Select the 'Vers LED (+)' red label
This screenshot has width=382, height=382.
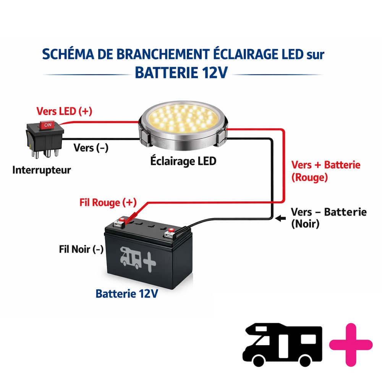pyautogui.click(x=64, y=111)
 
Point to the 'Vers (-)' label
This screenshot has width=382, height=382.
pyautogui.click(x=91, y=147)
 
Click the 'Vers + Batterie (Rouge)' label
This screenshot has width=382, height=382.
pyautogui.click(x=326, y=171)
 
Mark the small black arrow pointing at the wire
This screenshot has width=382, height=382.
pyautogui.click(x=280, y=218)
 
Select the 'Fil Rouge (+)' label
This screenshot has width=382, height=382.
pyautogui.click(x=108, y=202)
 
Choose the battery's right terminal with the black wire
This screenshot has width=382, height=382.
pyautogui.click(x=169, y=231)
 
